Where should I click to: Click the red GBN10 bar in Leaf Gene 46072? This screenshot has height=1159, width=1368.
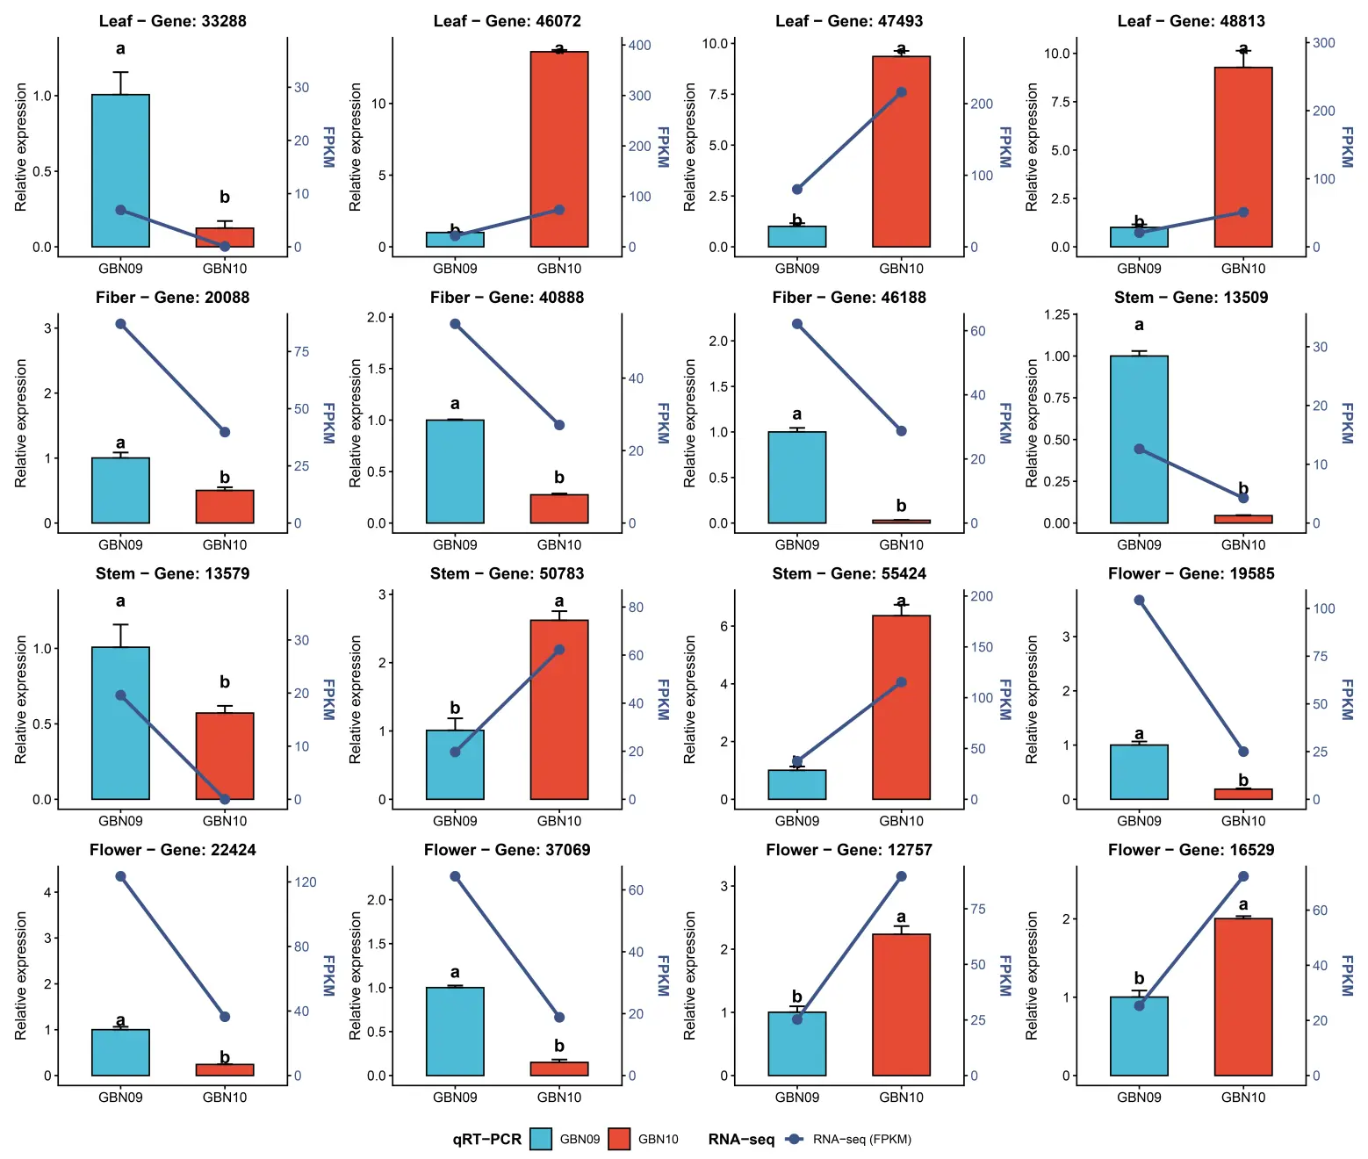point(558,149)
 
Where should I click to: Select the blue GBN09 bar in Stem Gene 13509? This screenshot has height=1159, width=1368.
point(1138,440)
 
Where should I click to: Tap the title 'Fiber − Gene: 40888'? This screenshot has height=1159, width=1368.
point(507,297)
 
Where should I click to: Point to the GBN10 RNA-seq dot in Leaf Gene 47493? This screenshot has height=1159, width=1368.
point(901,93)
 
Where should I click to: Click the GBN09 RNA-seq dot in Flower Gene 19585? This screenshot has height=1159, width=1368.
point(1138,601)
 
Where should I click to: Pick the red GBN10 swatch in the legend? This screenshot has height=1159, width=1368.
point(619,1139)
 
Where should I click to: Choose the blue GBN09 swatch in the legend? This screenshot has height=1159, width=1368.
point(541,1139)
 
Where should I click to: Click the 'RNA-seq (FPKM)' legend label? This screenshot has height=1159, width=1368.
point(861,1139)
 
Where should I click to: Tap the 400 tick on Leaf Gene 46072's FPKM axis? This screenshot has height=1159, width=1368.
point(639,46)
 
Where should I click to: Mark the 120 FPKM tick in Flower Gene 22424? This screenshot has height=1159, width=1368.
point(305,882)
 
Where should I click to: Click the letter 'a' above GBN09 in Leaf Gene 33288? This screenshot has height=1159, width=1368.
point(120,48)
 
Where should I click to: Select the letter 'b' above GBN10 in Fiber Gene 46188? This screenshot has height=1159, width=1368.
point(901,506)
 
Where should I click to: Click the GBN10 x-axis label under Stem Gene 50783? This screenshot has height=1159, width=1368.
point(558,821)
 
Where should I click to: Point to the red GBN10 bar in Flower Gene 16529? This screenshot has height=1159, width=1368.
point(1243,997)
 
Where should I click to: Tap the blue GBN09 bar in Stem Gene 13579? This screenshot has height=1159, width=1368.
point(120,723)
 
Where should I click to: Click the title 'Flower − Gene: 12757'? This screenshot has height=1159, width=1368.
point(849,850)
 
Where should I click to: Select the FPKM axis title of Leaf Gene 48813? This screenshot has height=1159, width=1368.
point(1347,147)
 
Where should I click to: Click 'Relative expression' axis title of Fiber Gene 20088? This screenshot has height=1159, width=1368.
point(20,423)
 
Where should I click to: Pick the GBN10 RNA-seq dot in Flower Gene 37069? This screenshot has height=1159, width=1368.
point(558,1018)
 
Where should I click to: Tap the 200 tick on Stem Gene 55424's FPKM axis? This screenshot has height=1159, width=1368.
point(982,596)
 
